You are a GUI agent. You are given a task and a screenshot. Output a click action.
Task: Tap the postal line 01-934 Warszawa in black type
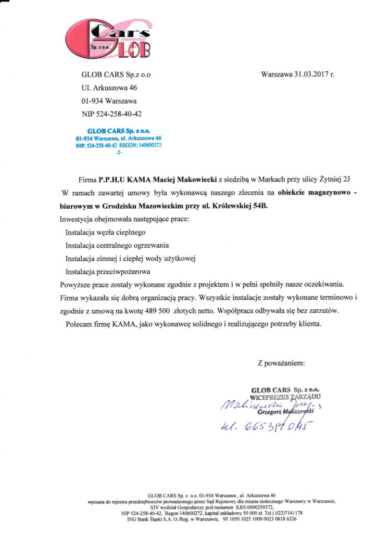[x=109, y=101]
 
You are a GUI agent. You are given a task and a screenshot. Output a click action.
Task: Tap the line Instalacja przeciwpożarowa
[x=108, y=271]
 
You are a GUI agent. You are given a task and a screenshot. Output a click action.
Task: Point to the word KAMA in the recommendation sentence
[x=119, y=324]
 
